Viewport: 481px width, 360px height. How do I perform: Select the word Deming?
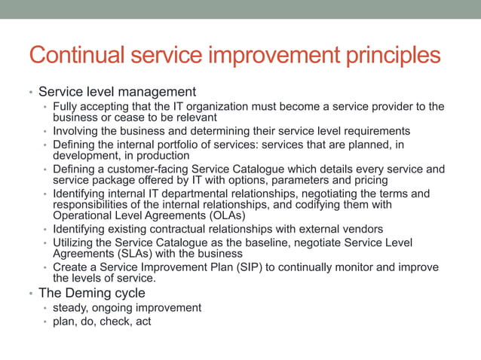click(89, 293)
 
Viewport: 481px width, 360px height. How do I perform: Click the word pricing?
click(367, 180)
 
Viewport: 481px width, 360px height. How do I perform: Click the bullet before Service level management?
click(30, 93)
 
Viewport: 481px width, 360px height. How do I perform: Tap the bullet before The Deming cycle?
click(30, 294)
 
